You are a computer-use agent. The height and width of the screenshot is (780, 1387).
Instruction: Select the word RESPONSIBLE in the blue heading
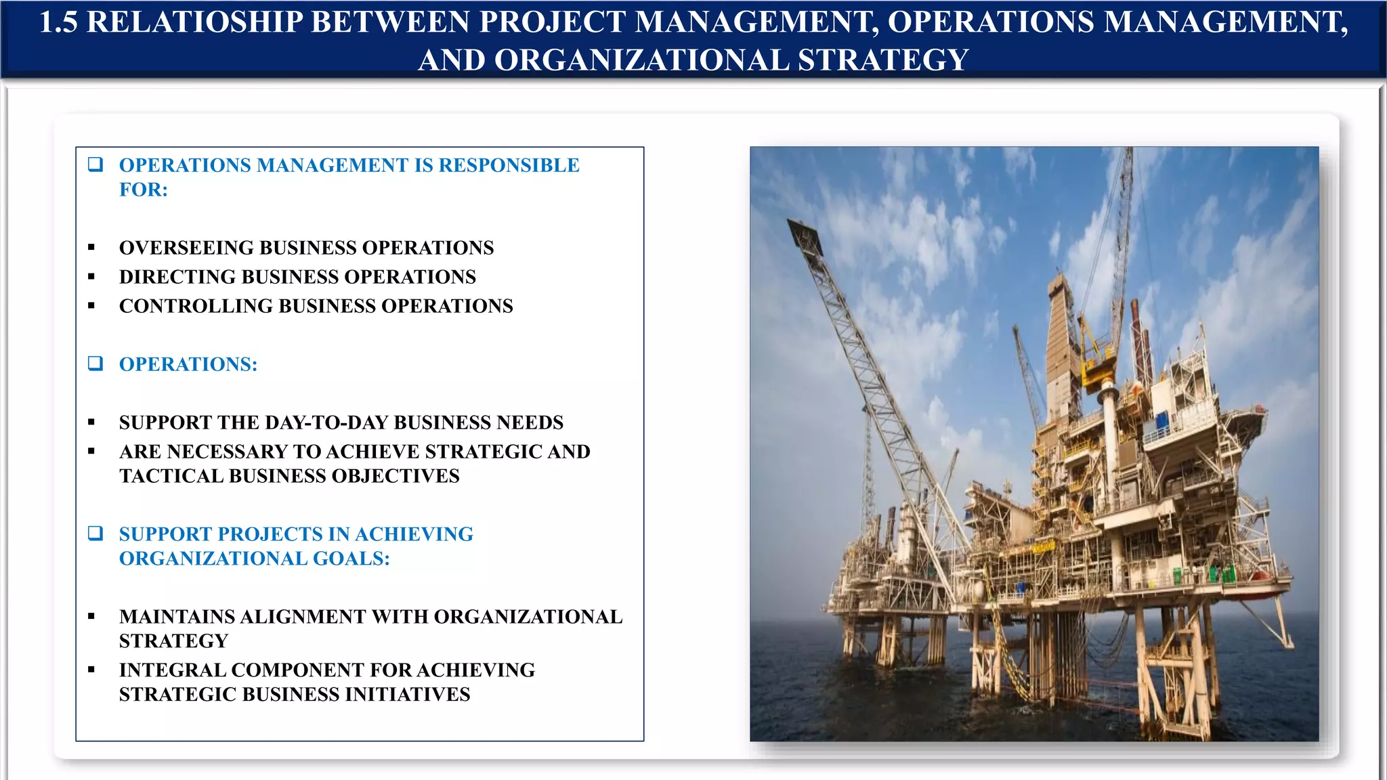(x=509, y=165)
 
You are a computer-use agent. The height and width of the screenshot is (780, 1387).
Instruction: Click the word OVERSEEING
(x=186, y=248)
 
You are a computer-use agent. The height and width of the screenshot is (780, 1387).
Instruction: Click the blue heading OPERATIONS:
(x=188, y=364)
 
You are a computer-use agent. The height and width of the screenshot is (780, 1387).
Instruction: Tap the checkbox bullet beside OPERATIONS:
(x=95, y=364)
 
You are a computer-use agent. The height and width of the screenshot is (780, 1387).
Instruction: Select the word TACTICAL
(x=171, y=476)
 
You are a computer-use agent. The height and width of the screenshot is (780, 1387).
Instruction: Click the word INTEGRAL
(x=173, y=670)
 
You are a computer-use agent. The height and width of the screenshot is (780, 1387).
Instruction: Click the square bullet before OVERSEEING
(x=91, y=248)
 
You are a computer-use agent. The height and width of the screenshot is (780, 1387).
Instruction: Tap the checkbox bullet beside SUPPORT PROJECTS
(x=95, y=534)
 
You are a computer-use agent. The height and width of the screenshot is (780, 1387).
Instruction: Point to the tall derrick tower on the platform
(x=1058, y=339)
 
